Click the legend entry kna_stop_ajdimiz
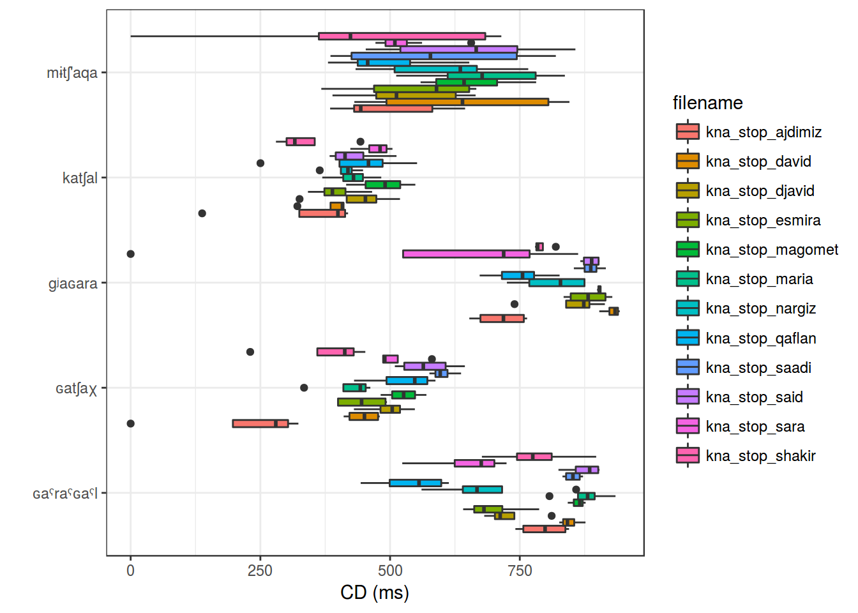[764, 132]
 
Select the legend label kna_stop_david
[758, 162]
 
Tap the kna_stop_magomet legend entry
[772, 250]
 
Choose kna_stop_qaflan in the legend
[761, 338]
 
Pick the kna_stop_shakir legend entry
[760, 456]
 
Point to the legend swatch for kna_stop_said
[688, 397]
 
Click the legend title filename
[707, 103]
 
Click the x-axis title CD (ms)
[375, 593]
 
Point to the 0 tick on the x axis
[131, 570]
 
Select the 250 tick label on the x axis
[260, 570]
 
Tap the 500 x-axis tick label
[390, 570]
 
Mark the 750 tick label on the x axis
[520, 570]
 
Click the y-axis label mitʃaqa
[72, 73]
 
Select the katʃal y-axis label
[80, 178]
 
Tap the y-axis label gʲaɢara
[73, 284]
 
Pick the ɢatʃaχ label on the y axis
[76, 388]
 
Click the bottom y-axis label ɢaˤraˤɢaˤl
[65, 494]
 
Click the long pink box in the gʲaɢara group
[466, 254]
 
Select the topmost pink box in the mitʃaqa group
[402, 36]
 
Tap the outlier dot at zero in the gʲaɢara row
[131, 254]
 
